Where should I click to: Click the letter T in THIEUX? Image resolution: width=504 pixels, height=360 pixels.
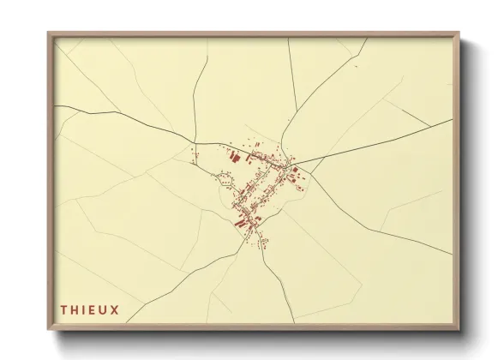(x=63, y=307)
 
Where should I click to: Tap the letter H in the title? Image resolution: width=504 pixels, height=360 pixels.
(x=75, y=307)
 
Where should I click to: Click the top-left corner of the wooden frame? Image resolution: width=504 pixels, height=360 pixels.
(x=48, y=33)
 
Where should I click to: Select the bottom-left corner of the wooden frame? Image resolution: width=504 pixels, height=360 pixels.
(x=48, y=329)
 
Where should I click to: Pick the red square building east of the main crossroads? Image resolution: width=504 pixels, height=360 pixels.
(x=300, y=177)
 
